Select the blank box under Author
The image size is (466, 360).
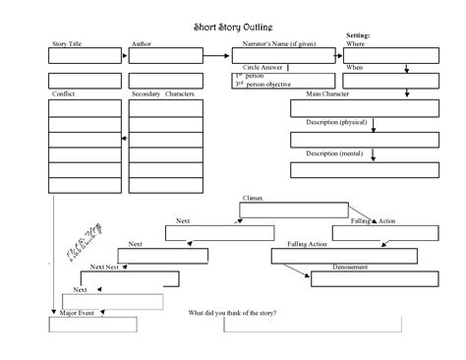point(165,58)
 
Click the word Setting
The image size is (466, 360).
point(358,34)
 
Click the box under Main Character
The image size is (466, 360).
point(350,108)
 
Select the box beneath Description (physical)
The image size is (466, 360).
point(350,139)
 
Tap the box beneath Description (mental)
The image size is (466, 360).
point(350,171)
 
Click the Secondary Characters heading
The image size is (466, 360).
point(163,94)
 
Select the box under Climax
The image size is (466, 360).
point(295,210)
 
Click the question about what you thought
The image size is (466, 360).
point(232,313)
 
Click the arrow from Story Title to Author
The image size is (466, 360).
point(124,58)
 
